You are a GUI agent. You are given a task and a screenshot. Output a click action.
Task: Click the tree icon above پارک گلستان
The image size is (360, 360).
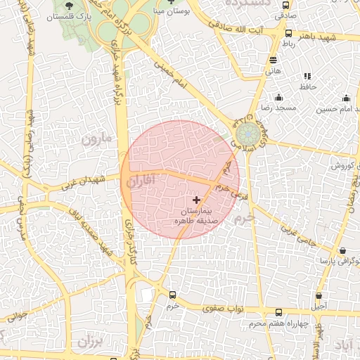tap(68, 5)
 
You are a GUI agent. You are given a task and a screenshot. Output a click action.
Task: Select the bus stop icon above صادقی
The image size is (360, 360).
tap(285, 4)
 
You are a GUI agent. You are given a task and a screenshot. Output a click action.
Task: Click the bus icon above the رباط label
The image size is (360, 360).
tap(288, 33)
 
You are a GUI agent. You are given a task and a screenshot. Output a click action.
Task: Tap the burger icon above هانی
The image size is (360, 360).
tap(274, 60)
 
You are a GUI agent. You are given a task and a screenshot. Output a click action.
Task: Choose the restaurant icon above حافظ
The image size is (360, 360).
tap(307, 76)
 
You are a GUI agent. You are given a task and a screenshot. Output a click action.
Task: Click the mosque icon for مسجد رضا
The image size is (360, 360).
tap(278, 98)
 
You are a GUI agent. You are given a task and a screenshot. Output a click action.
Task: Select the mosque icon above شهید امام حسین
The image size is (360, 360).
tap(345, 98)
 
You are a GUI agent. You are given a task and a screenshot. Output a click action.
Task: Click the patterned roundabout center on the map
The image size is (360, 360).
tap(247, 134)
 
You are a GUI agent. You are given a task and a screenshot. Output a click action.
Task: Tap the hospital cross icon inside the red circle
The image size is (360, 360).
tap(195, 200)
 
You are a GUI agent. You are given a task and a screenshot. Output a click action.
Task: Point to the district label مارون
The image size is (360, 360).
tap(96, 138)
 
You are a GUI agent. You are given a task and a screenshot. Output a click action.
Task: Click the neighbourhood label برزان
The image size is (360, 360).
tap(89, 342)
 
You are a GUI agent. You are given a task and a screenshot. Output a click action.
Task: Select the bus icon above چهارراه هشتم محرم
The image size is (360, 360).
tap(279, 313)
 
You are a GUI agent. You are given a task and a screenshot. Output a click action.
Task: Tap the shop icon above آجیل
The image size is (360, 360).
tap(319, 296)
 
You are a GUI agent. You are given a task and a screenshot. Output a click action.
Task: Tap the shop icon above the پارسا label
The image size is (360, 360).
tap(342, 250)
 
